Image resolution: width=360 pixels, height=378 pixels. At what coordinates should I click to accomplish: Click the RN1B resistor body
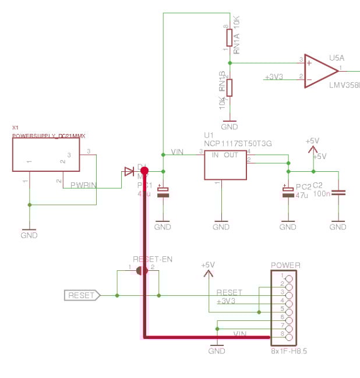point(230,87)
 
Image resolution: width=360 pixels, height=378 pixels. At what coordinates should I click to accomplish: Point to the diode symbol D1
point(129,171)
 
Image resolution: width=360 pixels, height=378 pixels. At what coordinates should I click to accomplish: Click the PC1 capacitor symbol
point(163,192)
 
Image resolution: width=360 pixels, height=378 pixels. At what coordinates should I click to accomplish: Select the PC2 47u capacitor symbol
point(287,192)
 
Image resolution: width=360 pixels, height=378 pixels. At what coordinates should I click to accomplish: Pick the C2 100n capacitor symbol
point(338,192)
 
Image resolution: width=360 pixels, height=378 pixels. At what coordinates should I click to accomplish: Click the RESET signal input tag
point(82,295)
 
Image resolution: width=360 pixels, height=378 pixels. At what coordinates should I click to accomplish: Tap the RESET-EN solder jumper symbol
point(140,271)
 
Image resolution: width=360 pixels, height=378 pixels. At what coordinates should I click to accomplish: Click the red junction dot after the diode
point(144,171)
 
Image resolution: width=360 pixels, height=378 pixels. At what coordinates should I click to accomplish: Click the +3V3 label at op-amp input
point(274,77)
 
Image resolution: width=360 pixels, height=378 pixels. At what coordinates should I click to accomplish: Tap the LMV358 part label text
point(344,86)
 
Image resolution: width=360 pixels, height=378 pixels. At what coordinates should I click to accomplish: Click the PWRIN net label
point(83,185)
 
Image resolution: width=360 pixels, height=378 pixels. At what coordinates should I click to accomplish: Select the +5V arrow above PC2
point(313,147)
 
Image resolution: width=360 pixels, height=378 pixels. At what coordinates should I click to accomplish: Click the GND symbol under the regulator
point(221,224)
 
